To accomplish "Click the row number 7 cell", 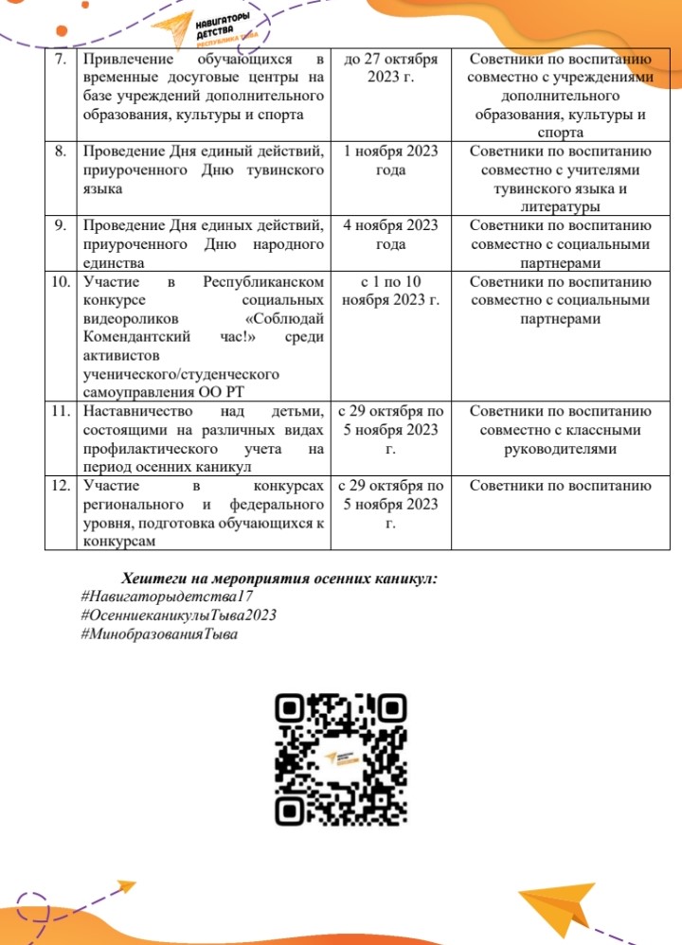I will click(x=60, y=60).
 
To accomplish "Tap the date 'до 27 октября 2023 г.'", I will click(x=391, y=68).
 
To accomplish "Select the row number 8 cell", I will click(x=60, y=152).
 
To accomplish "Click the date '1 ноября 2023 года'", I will click(x=391, y=160).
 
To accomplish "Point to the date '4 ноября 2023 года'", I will click(x=391, y=234).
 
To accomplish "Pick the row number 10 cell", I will click(x=60, y=282).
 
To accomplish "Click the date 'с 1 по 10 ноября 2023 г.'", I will click(x=391, y=291).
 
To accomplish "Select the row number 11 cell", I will click(x=60, y=412).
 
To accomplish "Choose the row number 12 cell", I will click(x=60, y=486).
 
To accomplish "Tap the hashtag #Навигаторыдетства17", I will click(x=168, y=597).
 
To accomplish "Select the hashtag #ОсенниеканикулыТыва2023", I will click(x=180, y=615).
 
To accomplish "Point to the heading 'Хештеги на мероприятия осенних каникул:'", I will click(x=278, y=578).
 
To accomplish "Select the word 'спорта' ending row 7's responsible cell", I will click(x=561, y=133).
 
